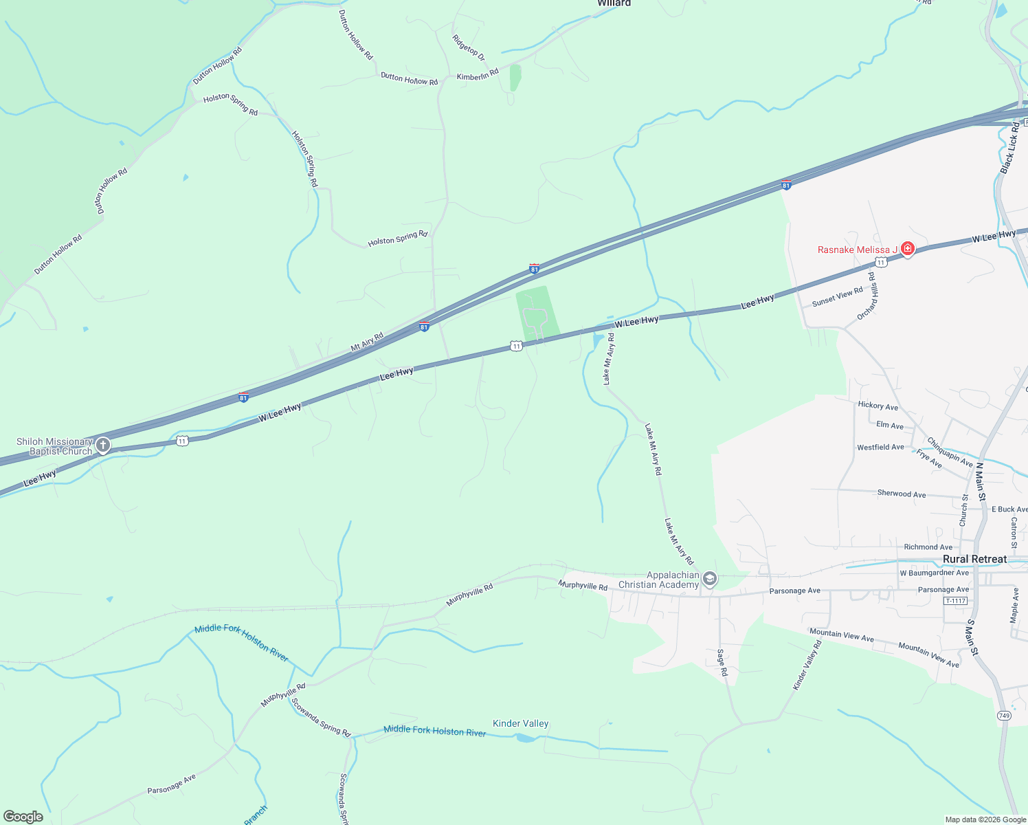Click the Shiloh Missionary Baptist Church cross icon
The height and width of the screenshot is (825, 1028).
103,445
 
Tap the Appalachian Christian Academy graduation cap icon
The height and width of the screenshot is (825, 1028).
710,579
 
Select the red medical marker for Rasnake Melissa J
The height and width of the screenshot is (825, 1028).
908,249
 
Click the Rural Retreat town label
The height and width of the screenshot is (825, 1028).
974,559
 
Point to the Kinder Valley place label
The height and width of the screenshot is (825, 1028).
520,723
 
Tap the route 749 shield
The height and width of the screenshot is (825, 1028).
1004,716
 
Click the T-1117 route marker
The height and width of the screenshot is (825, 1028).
955,601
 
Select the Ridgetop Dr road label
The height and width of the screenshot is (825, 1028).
469,47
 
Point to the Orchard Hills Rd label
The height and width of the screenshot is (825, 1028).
868,296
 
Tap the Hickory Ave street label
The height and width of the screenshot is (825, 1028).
878,406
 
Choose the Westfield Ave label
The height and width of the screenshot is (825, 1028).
880,448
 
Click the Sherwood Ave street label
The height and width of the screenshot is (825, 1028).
901,494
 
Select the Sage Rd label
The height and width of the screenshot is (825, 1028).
722,662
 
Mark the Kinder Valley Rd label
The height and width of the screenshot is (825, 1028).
807,665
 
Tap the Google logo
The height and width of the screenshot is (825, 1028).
23,817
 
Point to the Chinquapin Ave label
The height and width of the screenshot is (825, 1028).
950,452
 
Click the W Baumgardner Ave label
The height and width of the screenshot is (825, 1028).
934,573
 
